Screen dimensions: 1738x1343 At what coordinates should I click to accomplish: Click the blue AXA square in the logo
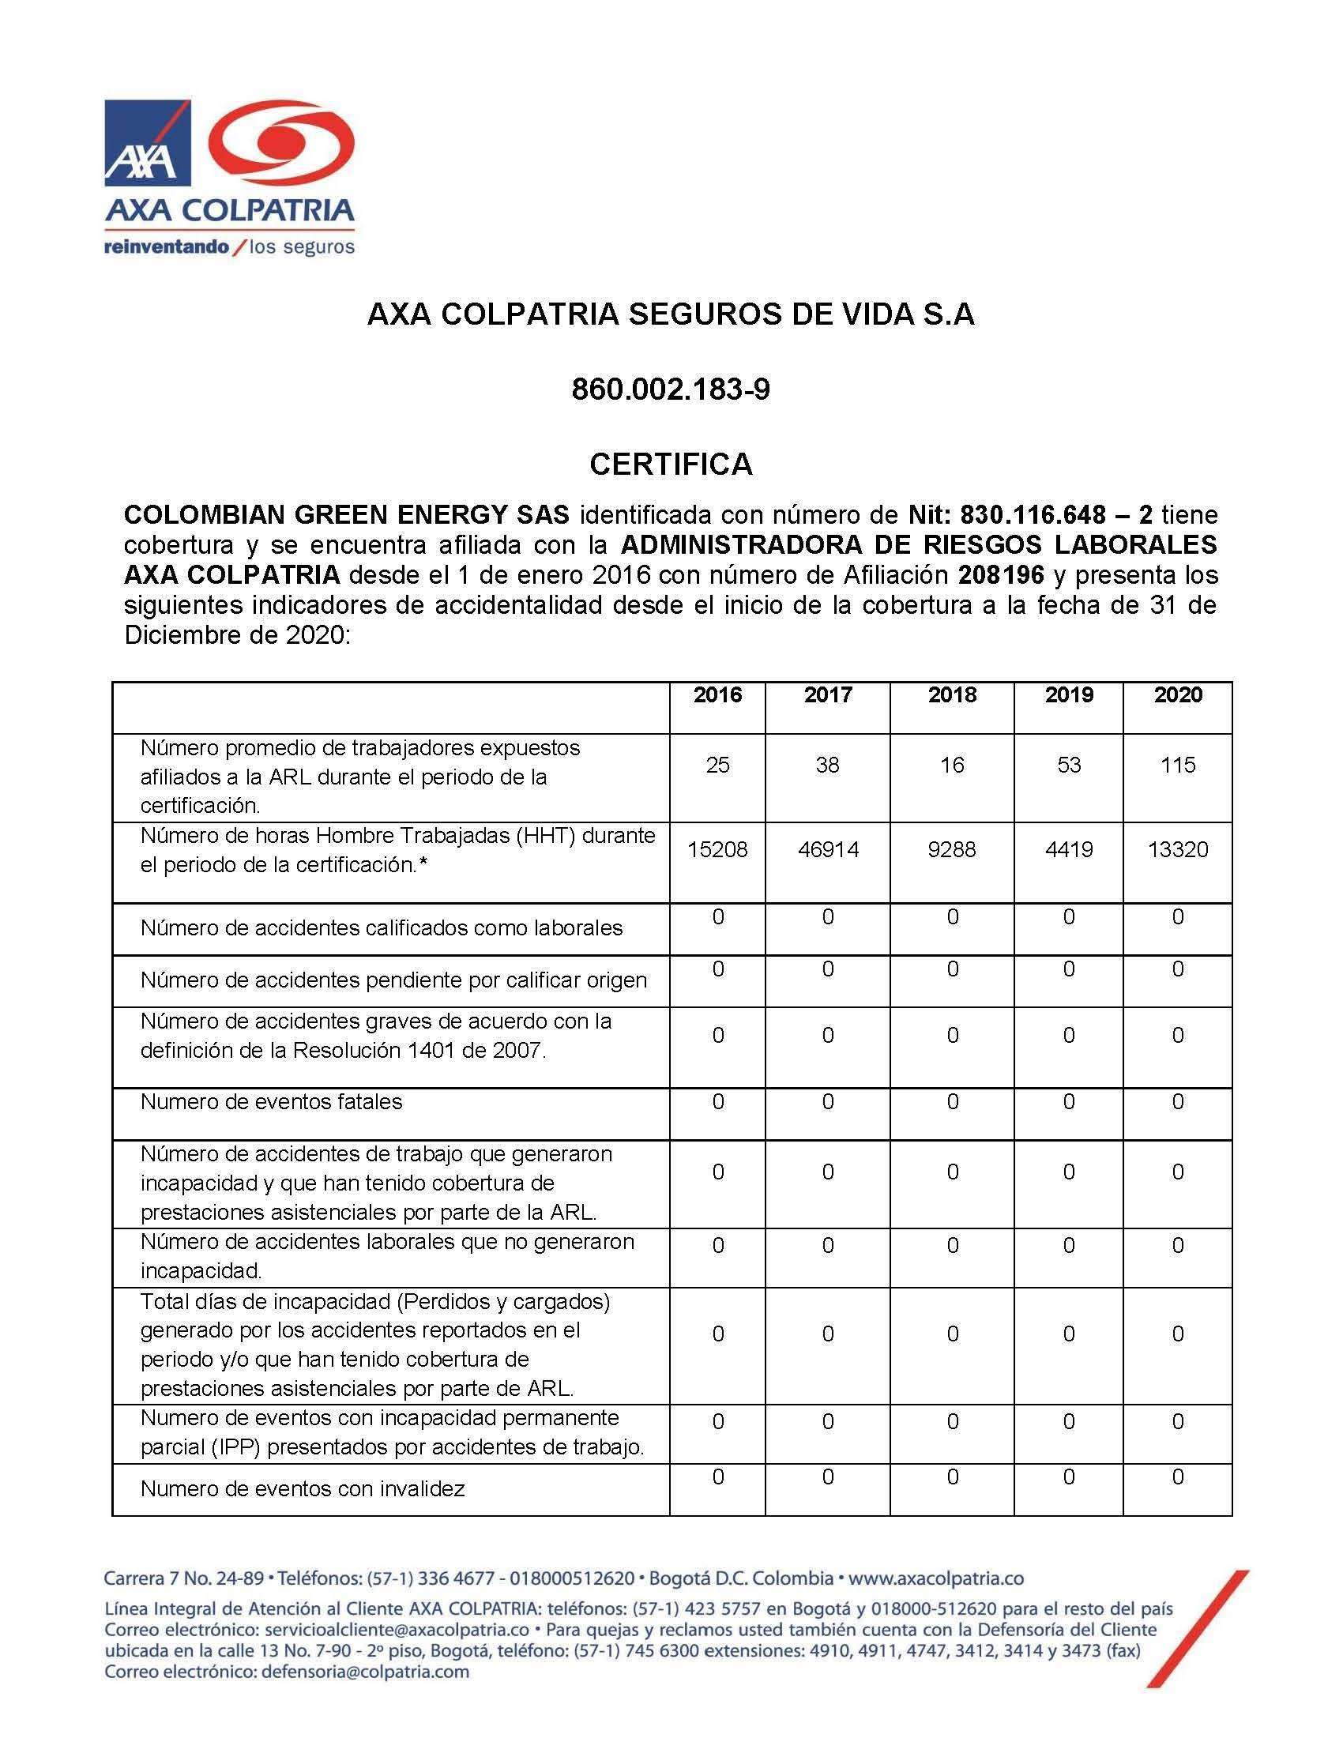[x=148, y=143]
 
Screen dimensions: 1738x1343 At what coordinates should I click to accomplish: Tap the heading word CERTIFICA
[x=671, y=465]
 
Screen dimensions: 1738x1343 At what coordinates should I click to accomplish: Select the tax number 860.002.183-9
[x=671, y=390]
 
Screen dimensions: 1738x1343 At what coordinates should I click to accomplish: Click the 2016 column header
[x=717, y=695]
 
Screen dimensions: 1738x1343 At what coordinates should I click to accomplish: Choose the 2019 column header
[x=1069, y=695]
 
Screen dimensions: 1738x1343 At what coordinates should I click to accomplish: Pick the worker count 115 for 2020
[x=1178, y=766]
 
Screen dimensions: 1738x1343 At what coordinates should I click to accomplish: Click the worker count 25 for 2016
[x=717, y=766]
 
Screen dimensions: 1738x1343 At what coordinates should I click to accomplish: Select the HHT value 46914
[x=827, y=850]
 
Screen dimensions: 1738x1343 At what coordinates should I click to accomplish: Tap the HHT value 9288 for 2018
[x=953, y=850]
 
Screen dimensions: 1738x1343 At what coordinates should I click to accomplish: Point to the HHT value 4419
[x=1069, y=850]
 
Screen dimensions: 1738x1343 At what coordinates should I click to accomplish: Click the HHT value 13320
[x=1178, y=850]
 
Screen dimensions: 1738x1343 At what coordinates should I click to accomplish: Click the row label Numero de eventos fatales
[x=271, y=1102]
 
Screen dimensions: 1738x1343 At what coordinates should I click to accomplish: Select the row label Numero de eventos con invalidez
[x=303, y=1489]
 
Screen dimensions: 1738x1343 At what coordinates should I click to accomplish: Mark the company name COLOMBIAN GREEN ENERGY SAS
[x=347, y=516]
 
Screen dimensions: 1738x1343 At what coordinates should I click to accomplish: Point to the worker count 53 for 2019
[x=1069, y=766]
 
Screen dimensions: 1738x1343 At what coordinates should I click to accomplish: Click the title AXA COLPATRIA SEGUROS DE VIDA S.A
[x=671, y=316]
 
